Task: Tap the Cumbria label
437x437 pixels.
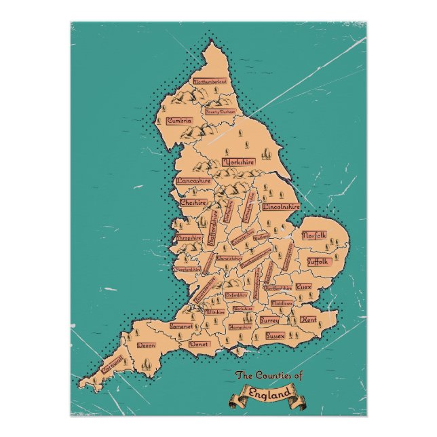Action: [179, 121]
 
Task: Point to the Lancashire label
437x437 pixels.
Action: [194, 181]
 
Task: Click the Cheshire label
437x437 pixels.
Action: [193, 202]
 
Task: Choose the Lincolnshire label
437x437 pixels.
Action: [282, 206]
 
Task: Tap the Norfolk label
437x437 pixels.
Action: [314, 235]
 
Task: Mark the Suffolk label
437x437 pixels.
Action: [318, 261]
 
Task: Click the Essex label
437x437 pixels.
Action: [303, 287]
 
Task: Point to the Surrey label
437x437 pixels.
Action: [269, 318]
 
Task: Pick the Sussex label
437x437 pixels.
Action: [275, 335]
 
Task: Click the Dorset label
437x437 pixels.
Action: [200, 344]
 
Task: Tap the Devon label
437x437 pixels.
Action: [147, 345]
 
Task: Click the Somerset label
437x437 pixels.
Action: [181, 326]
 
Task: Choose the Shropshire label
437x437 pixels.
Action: [189, 238]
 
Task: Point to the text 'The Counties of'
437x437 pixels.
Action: [269, 375]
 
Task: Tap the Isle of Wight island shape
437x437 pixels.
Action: [238, 350]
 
